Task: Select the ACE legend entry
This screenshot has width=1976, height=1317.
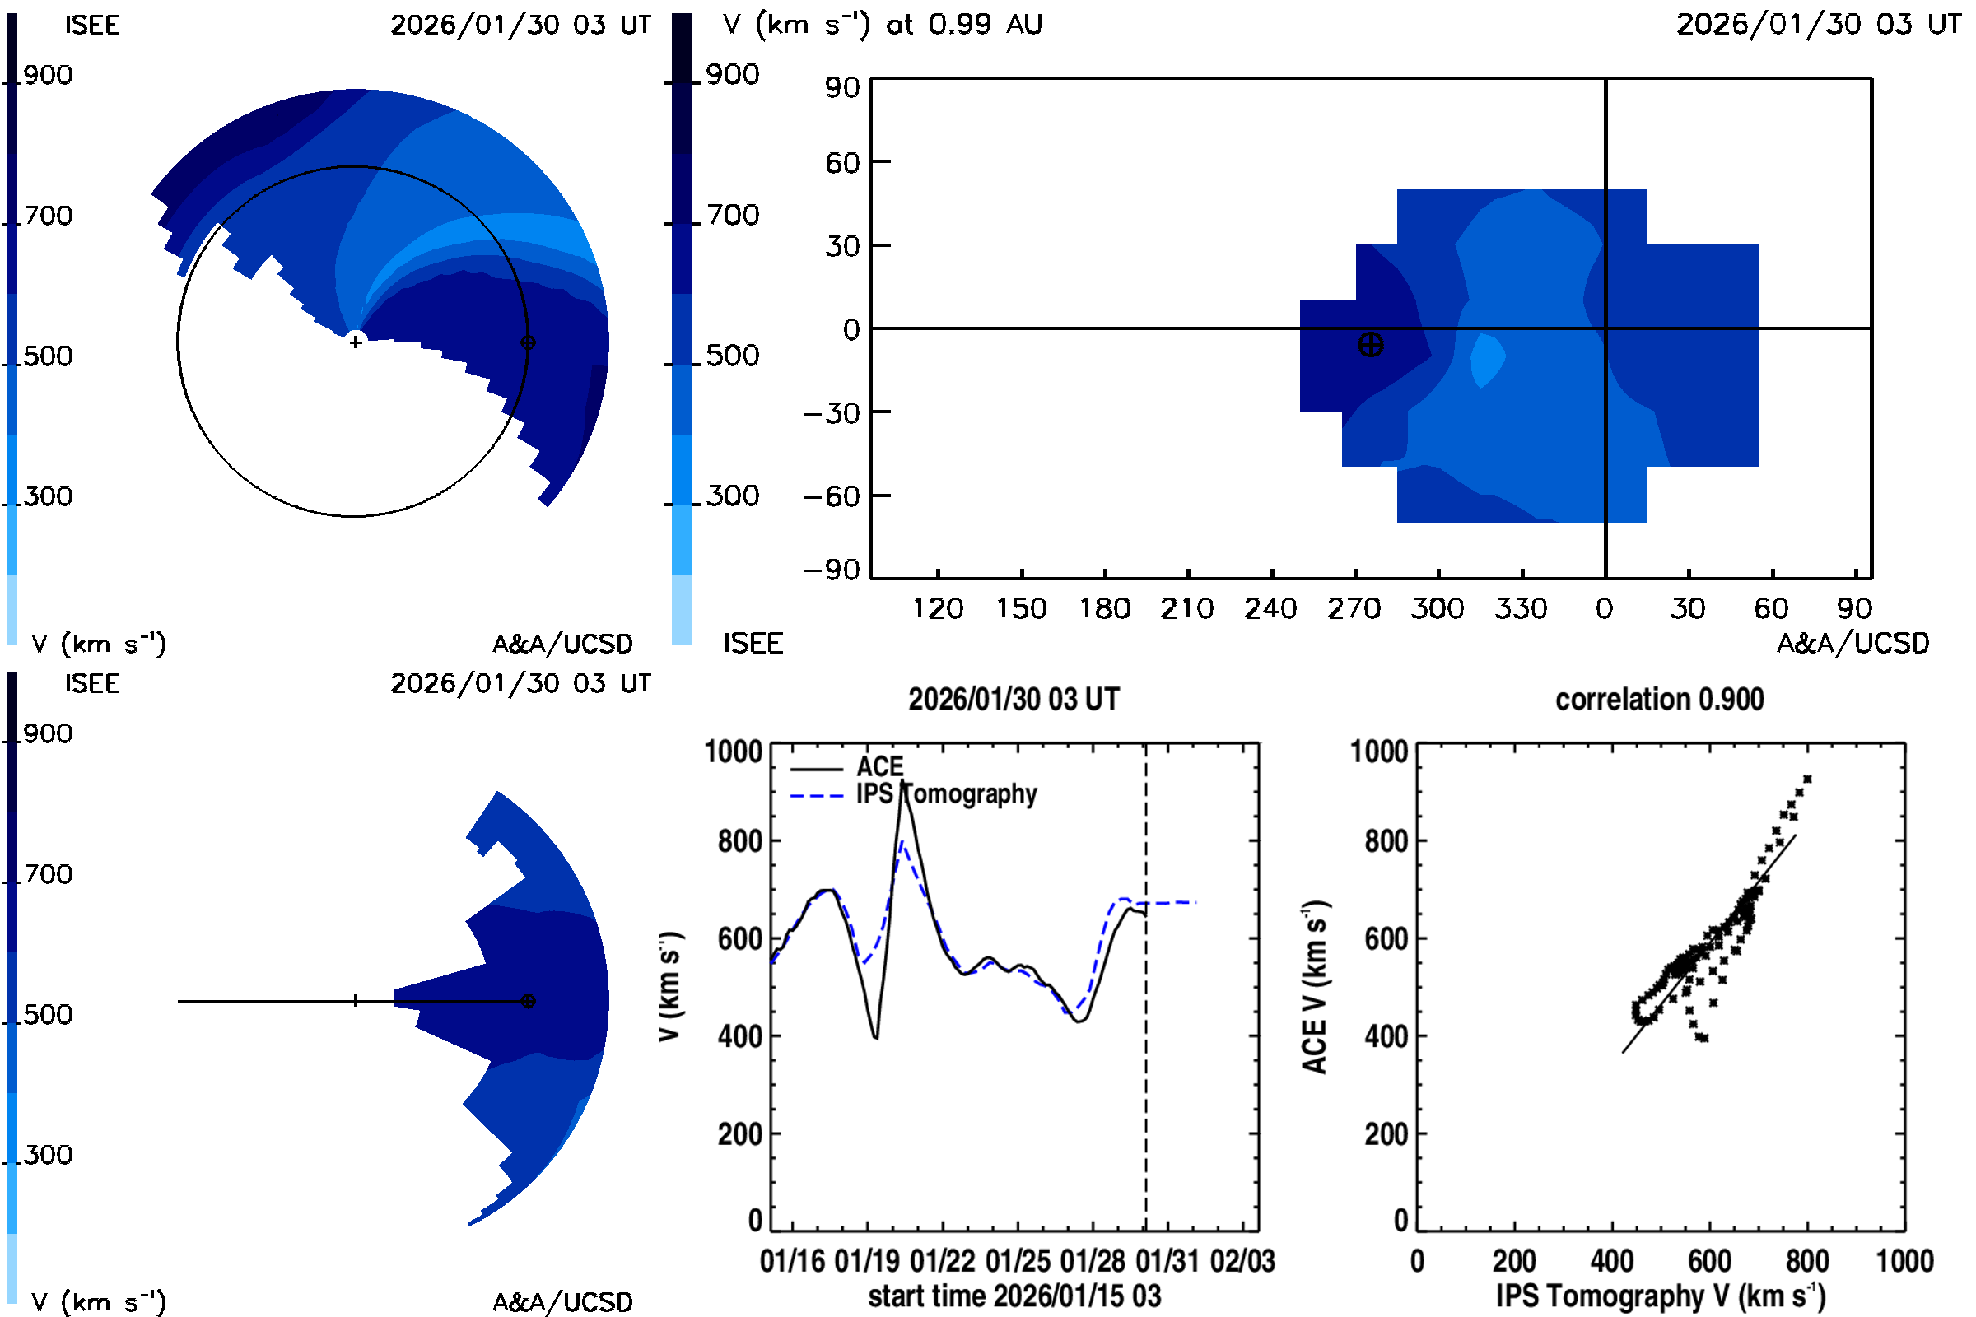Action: coord(878,767)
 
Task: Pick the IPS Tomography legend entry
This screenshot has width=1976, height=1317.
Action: coord(946,794)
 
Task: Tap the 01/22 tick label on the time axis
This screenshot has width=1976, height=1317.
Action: coord(942,1261)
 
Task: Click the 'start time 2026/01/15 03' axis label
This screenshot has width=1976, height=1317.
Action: coord(1014,1296)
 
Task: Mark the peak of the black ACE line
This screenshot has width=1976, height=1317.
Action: coord(902,783)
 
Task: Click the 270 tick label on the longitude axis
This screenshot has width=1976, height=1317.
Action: coord(1354,609)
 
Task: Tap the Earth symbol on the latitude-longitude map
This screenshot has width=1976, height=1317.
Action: coord(1370,345)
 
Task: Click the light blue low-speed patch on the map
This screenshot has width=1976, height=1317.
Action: coord(1486,360)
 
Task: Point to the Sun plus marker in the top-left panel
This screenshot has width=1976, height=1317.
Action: coord(356,342)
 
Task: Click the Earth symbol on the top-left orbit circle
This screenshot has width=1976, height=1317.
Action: coord(528,342)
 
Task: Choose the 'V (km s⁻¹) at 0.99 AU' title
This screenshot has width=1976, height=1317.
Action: coord(882,25)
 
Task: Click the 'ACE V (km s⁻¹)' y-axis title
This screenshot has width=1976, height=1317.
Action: coord(1315,987)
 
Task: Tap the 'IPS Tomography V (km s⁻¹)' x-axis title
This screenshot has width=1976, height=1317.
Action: coord(1660,1296)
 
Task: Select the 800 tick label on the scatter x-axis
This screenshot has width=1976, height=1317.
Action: coord(1806,1261)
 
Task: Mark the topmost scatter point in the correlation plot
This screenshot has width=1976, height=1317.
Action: coord(1807,779)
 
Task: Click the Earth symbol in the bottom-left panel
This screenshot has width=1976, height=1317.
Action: coord(528,1001)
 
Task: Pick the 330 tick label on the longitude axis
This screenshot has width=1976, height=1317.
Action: coord(1521,609)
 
